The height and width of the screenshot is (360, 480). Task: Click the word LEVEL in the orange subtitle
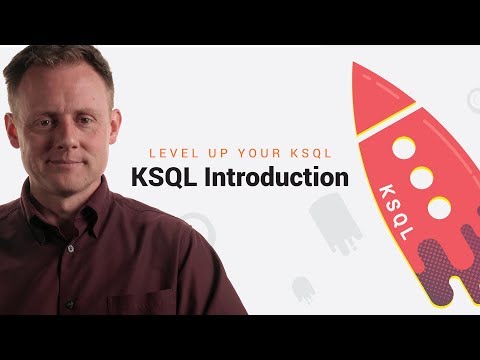(x=171, y=153)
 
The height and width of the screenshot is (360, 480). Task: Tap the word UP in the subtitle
(x=210, y=153)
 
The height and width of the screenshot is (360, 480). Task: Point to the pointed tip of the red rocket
(x=355, y=67)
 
